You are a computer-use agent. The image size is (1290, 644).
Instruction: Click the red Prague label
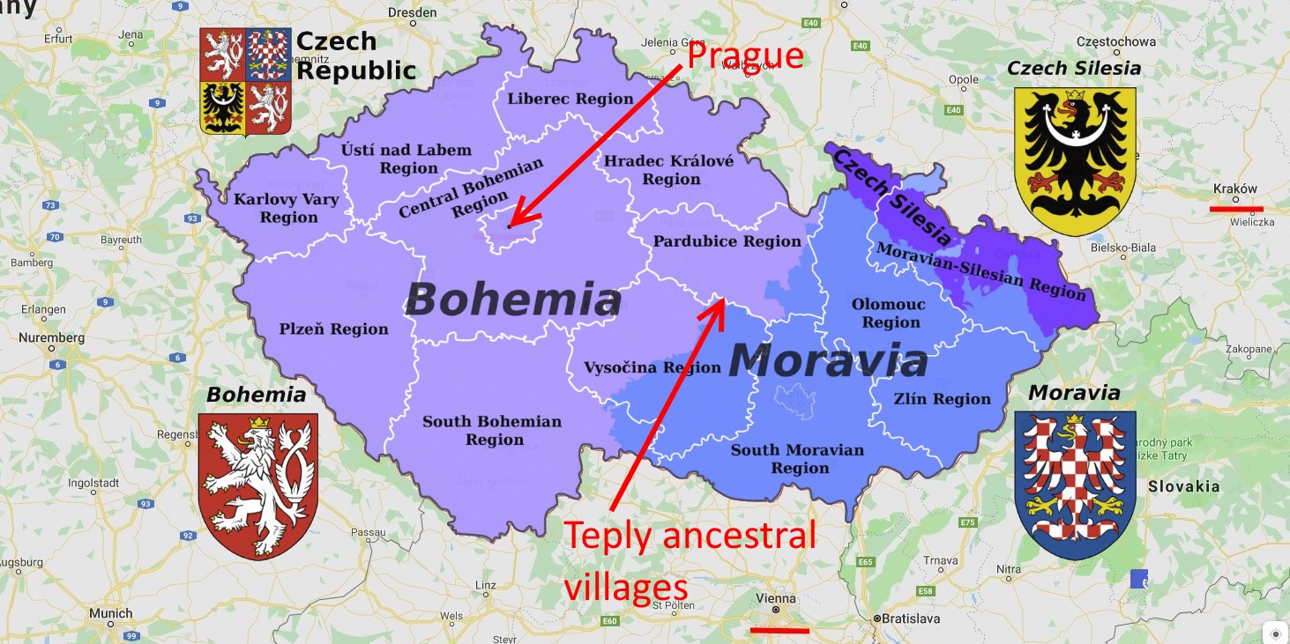pos(745,56)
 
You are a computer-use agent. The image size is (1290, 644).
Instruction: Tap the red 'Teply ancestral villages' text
pos(690,560)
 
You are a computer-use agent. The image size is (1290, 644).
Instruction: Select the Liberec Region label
pos(570,99)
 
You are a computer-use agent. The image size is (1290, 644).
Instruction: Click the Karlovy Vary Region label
pos(287,208)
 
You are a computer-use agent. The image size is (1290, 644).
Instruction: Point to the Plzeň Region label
pos(333,329)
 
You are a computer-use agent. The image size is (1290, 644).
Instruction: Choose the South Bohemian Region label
pos(492,431)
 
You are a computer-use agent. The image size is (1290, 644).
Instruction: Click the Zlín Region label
pos(943,399)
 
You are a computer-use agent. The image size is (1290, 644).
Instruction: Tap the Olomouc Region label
pos(889,314)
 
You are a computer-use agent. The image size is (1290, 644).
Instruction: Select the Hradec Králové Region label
pos(668,170)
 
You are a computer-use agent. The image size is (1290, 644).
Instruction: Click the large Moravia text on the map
pos(828,361)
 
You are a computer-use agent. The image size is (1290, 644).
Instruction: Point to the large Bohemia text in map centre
pos(513,300)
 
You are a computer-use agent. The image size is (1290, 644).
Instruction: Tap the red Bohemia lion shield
pos(257,485)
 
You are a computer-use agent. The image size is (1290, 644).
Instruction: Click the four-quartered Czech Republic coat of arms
pos(245,81)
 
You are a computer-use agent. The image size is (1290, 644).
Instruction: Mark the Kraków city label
pos(1235,189)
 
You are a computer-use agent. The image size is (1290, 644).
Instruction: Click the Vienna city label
pos(776,598)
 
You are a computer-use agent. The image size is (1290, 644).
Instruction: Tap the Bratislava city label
pos(910,618)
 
